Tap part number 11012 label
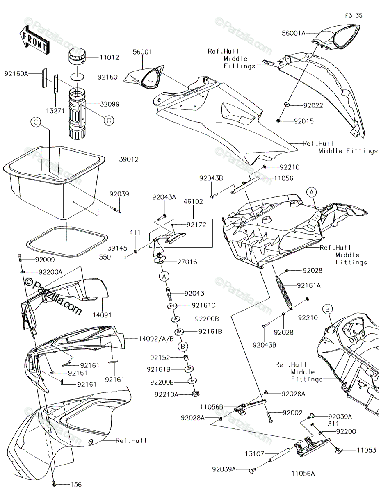point(110,57)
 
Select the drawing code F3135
point(354,16)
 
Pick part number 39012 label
point(129,159)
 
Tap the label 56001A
point(294,33)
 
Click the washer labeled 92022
point(287,105)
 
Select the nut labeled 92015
point(279,121)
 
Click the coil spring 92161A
point(284,292)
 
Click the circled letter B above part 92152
point(183,346)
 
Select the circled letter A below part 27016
point(164,276)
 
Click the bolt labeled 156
point(54,484)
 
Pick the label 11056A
point(303,473)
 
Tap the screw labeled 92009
point(20,257)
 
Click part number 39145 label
point(117,248)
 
